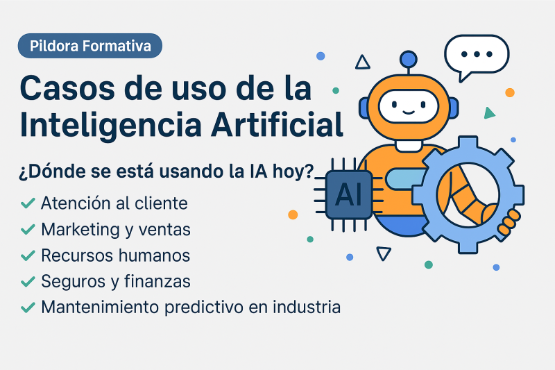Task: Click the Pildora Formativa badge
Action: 90,46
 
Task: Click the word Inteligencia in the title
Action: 110,126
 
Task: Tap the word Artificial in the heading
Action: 277,124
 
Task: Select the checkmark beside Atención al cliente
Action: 28,203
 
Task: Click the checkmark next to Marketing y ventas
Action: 28,229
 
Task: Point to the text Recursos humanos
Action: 115,255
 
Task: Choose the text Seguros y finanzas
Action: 116,281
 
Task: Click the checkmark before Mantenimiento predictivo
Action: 28,308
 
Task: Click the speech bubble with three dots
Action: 477,55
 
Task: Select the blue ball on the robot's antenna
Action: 409,59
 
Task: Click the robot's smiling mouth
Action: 409,112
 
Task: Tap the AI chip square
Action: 349,194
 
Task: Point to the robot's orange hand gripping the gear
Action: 509,222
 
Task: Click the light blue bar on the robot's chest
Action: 405,178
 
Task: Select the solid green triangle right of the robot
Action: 489,113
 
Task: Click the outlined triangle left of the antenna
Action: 362,63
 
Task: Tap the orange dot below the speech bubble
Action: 510,92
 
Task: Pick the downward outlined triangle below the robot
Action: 384,253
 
